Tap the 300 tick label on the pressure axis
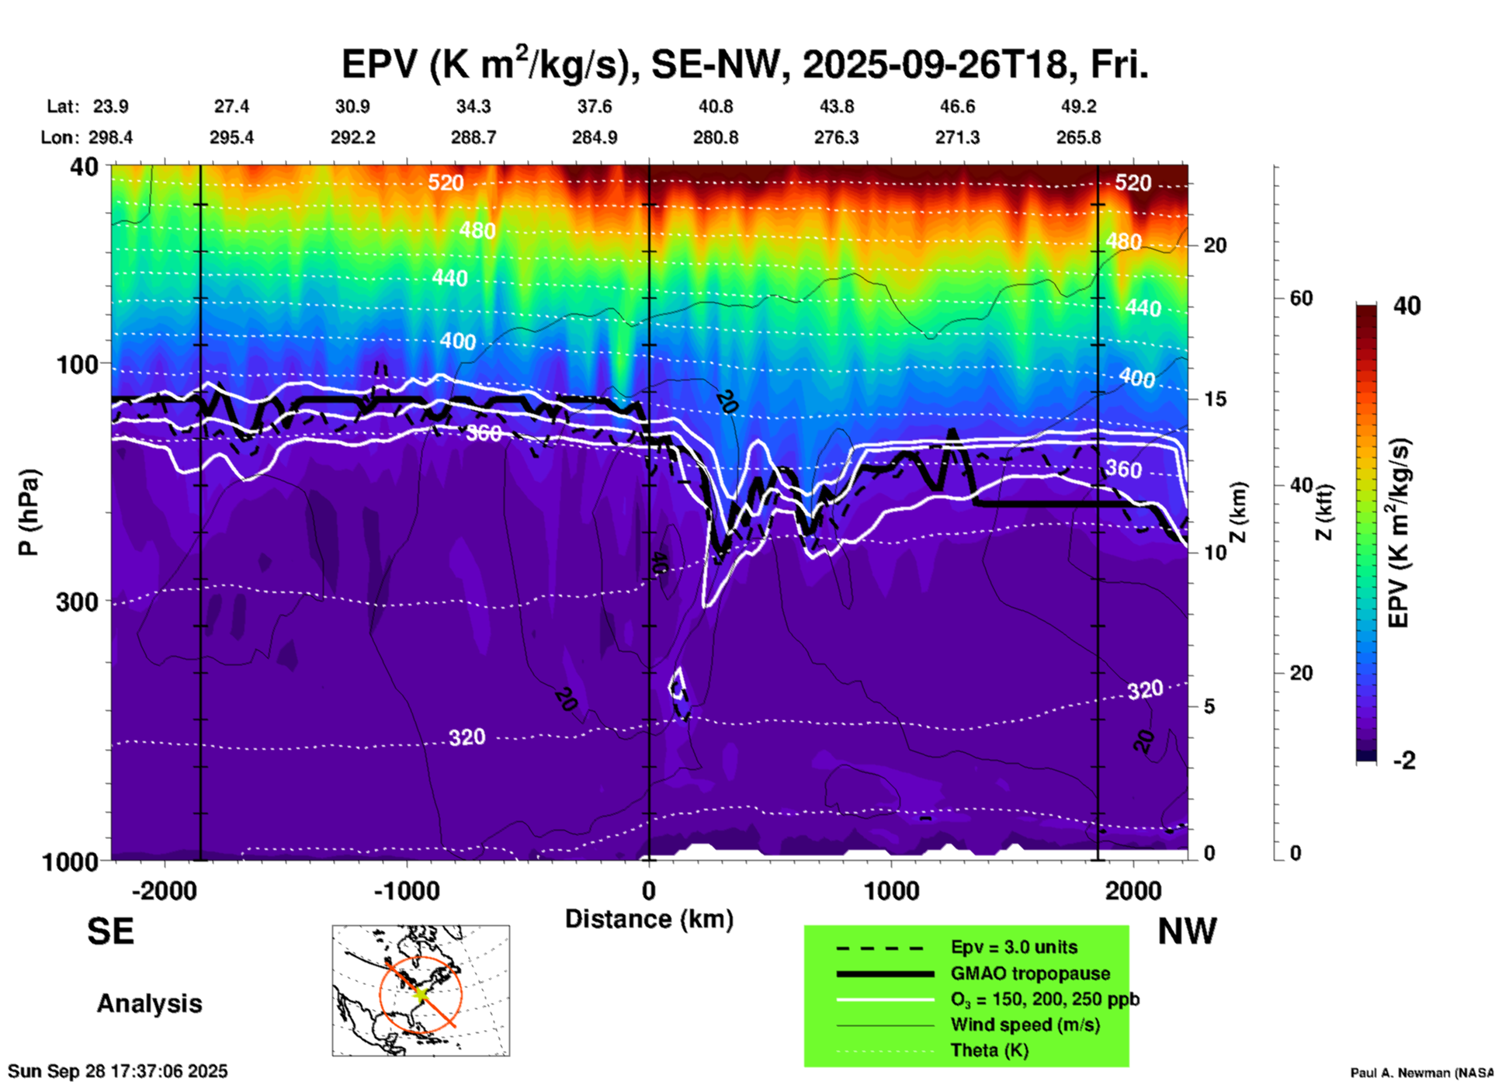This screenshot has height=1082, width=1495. coord(78,602)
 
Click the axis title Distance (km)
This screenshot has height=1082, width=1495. coord(649,919)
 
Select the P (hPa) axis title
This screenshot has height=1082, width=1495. coord(29,512)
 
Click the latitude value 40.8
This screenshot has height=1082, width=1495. coord(715,106)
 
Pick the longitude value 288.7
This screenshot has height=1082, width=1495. coord(473,137)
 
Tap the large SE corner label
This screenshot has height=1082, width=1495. coord(110,931)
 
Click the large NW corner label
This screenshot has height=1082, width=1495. coord(1187,931)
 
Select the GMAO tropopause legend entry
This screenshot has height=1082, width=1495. coord(1030,973)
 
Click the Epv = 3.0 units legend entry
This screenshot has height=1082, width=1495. coord(1014,948)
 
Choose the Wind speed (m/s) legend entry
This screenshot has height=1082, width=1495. coord(1025,1025)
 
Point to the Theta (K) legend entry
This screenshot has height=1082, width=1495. coord(989,1050)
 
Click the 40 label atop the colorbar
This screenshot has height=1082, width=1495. coord(1407,306)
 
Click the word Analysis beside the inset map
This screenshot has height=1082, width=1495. coord(149,1004)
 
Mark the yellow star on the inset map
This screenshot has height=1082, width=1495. coord(421,993)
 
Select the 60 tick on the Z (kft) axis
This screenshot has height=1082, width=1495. coord(1301,298)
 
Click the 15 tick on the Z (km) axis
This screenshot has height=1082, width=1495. coord(1215,399)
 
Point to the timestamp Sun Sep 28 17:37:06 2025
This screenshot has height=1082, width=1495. coord(118,1071)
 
